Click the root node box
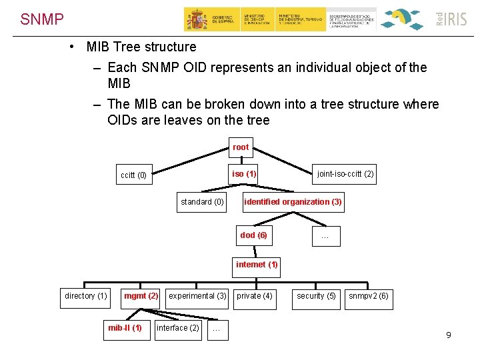pos(241,147)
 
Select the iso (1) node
pos(244,175)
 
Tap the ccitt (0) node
pos(133,176)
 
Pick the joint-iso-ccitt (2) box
pos(345,175)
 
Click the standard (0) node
pos(202,202)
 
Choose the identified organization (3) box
pos(293,202)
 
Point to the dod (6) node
pos(253,235)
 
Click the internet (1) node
pos(257,265)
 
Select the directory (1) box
pos(85,296)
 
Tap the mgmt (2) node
pos(141,296)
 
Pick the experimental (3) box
pos(197,296)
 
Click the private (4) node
pos(255,296)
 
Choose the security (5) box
pos(316,296)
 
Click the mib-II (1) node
pos(125,328)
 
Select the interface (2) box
pos(177,328)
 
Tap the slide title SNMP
pos(41,19)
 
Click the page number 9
pos(449,335)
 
